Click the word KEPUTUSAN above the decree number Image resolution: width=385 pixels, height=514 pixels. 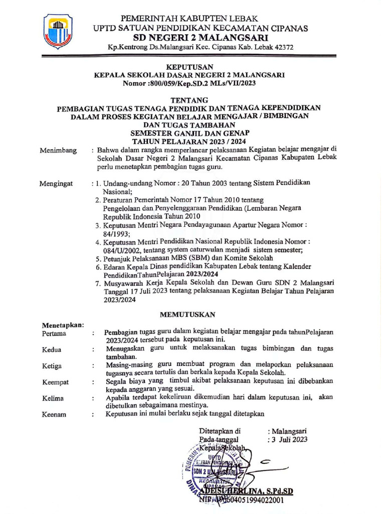189,66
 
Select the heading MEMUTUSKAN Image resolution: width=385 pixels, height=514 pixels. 187,315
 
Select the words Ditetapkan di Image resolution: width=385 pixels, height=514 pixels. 220,431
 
